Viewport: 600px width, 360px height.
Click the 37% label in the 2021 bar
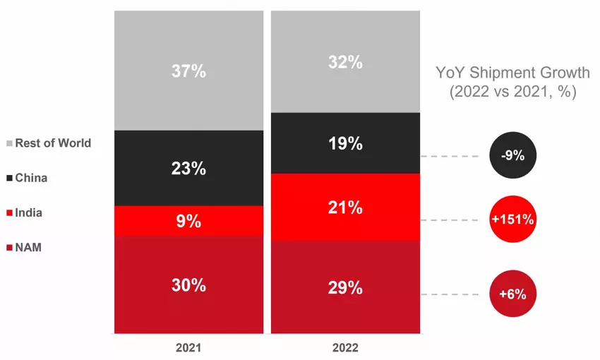188,71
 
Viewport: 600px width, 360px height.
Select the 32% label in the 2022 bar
345,62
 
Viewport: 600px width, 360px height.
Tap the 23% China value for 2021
188,169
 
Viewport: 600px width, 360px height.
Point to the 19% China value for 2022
345,143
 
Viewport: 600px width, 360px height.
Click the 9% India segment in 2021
188,221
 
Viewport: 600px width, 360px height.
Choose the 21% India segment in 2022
345,208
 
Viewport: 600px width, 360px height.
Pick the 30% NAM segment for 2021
188,285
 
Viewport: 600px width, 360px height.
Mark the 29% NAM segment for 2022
345,288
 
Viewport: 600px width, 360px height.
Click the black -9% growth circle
512,156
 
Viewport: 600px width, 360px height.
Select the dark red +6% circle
512,294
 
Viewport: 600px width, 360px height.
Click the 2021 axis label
188,348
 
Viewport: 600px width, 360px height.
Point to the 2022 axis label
345,348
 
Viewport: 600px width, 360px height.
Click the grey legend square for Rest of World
9,144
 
